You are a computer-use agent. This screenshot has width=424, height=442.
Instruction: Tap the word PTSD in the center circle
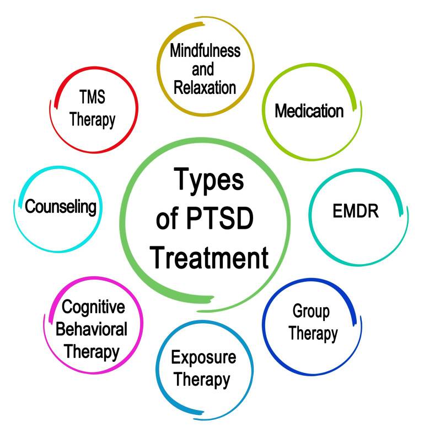[x=222, y=220]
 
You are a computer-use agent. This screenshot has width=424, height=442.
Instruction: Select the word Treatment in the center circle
[x=210, y=257]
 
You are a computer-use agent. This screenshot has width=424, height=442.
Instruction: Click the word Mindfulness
[x=205, y=51]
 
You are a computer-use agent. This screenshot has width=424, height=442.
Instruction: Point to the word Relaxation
[x=206, y=87]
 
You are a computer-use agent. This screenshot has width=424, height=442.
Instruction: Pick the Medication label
[x=309, y=111]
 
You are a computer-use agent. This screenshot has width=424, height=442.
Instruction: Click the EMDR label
[x=356, y=212]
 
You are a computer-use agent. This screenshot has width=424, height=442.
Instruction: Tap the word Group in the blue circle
[x=311, y=312]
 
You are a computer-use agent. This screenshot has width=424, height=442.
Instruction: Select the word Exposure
[x=203, y=358]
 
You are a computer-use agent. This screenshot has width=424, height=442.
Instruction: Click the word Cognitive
[x=93, y=307]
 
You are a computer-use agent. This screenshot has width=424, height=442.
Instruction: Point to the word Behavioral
[x=92, y=329]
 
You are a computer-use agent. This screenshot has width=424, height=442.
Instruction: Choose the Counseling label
[x=61, y=207]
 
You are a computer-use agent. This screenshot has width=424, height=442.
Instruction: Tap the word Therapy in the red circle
[x=92, y=119]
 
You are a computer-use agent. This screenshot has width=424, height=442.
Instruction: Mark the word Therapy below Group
[x=313, y=334]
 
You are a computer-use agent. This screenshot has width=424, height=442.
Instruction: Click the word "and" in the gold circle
[x=202, y=70]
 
